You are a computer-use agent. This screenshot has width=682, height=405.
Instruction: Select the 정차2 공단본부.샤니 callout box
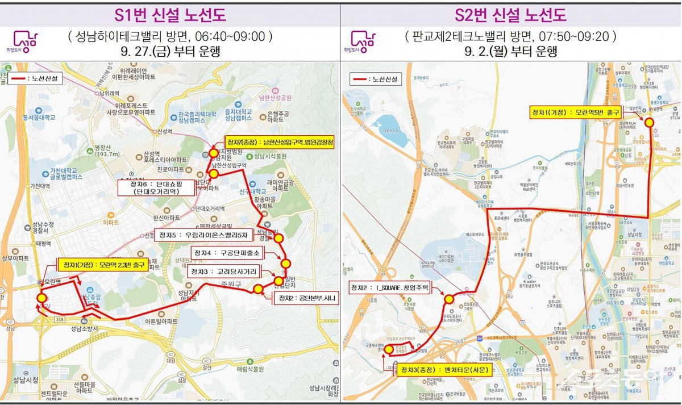(307, 298)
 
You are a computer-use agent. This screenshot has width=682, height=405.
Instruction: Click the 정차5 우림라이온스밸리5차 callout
(202, 235)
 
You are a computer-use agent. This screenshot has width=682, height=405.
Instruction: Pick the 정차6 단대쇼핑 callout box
(148, 187)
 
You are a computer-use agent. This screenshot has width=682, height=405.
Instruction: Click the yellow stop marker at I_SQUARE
(449, 299)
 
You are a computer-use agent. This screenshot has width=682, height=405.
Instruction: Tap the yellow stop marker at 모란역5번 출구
(649, 122)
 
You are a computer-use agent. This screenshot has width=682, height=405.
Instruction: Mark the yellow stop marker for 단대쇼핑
(214, 174)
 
